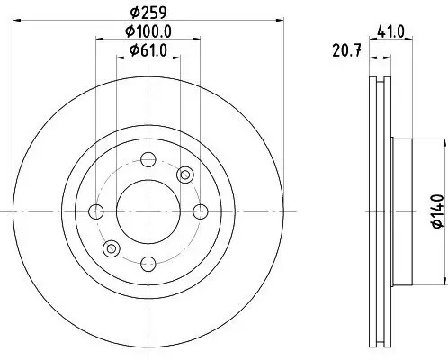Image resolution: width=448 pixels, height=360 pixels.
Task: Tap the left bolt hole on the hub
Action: pos(95,211)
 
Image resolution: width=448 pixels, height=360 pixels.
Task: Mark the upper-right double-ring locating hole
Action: pos(185,174)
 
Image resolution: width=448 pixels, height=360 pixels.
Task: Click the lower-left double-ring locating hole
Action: pos(111,247)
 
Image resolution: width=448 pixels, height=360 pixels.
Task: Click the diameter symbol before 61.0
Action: pos(130,50)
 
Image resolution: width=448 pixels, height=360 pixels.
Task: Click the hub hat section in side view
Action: pos(402,211)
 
